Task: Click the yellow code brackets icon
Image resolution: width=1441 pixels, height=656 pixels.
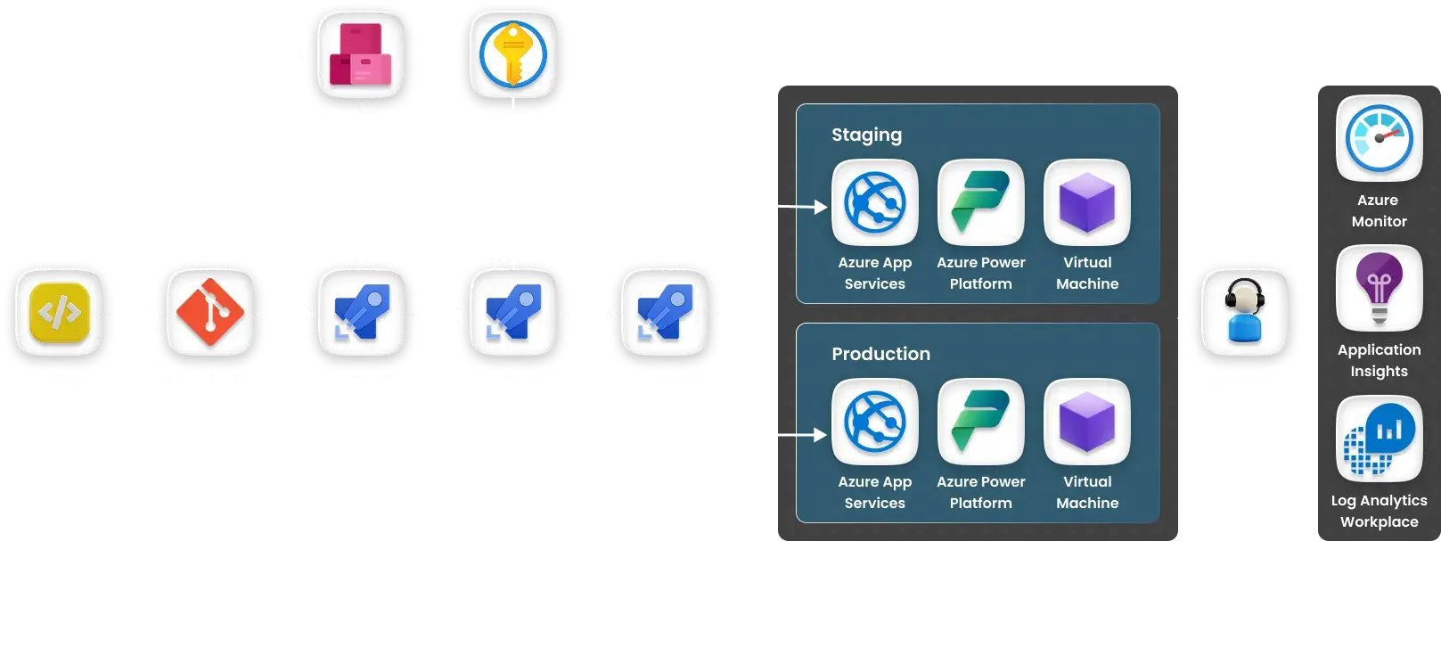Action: [x=59, y=313]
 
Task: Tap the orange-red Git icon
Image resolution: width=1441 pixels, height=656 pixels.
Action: [x=210, y=313]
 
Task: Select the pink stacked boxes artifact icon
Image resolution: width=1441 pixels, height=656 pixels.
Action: [x=361, y=54]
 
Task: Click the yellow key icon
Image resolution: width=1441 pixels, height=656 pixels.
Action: [x=512, y=54]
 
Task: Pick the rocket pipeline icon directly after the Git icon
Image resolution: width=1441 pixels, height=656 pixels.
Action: [x=361, y=313]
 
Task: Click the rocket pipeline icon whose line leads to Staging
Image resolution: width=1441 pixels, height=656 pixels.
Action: [x=664, y=313]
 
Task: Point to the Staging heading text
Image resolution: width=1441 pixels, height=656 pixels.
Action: [x=866, y=135]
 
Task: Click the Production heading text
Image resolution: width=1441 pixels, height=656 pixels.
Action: [x=880, y=354]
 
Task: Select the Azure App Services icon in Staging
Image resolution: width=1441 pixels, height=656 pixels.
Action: [x=874, y=202]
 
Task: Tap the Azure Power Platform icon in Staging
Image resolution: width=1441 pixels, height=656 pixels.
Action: [x=980, y=202]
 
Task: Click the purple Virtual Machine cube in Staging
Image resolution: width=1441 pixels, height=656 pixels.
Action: [x=1087, y=202]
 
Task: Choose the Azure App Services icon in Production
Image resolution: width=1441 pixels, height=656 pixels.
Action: [x=874, y=422]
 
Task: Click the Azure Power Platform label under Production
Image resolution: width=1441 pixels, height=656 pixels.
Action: [x=980, y=492]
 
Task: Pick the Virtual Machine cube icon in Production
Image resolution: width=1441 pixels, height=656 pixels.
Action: [x=1087, y=422]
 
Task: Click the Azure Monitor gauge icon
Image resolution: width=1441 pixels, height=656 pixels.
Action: [x=1379, y=138]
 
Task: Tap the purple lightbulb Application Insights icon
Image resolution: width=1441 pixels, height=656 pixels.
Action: [x=1379, y=288]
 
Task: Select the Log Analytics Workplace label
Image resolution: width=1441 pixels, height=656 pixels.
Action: [x=1379, y=511]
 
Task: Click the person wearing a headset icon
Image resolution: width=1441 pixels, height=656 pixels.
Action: [x=1244, y=313]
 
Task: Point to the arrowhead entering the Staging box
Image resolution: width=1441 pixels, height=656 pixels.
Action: [x=820, y=207]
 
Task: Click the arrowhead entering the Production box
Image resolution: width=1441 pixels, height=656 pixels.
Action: [x=820, y=435]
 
